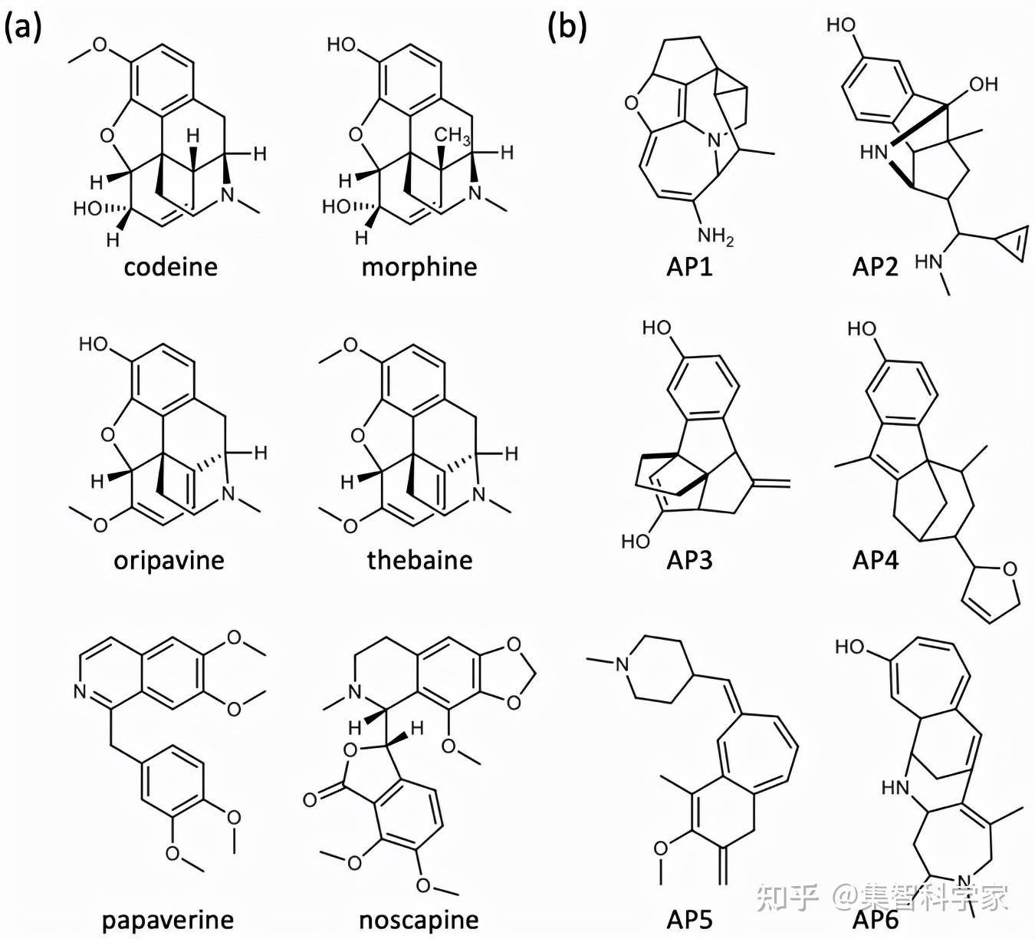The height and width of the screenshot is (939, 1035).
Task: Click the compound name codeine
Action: click(x=170, y=267)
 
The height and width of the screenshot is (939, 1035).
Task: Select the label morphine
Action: click(x=419, y=267)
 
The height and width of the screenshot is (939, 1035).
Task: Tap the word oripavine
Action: click(x=169, y=560)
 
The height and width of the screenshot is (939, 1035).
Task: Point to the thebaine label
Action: click(x=419, y=560)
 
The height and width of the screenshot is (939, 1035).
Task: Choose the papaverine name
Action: click(x=168, y=920)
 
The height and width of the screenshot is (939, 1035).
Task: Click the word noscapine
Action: click(x=419, y=920)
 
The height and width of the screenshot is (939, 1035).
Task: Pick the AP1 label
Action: click(x=689, y=267)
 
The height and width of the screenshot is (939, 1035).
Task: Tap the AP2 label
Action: click(x=875, y=267)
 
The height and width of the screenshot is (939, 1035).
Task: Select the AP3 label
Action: click(x=689, y=560)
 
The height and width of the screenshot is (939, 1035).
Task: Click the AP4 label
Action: click(x=875, y=560)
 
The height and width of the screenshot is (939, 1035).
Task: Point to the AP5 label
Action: click(x=689, y=920)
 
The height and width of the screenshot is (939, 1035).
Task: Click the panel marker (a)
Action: click(x=23, y=28)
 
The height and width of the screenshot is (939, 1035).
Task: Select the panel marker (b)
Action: click(x=567, y=28)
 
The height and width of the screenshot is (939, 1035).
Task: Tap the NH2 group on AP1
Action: click(x=715, y=236)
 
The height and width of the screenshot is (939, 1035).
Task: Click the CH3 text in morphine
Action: click(x=452, y=136)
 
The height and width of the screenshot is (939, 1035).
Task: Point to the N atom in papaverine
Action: click(x=80, y=692)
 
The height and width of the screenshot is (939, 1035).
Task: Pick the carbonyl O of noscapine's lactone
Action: click(x=310, y=800)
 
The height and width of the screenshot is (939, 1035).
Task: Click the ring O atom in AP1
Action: click(x=632, y=103)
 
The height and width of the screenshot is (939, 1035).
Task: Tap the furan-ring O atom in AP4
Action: click(x=1010, y=568)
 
